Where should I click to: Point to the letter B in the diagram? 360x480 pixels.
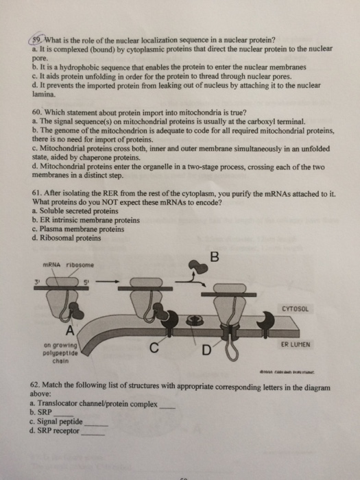(214, 258)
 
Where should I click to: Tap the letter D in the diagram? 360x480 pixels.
(205, 353)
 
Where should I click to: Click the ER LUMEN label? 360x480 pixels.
(297, 344)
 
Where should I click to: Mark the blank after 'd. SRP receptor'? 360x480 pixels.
(95, 433)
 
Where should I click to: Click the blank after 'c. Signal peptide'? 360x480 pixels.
(95, 424)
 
